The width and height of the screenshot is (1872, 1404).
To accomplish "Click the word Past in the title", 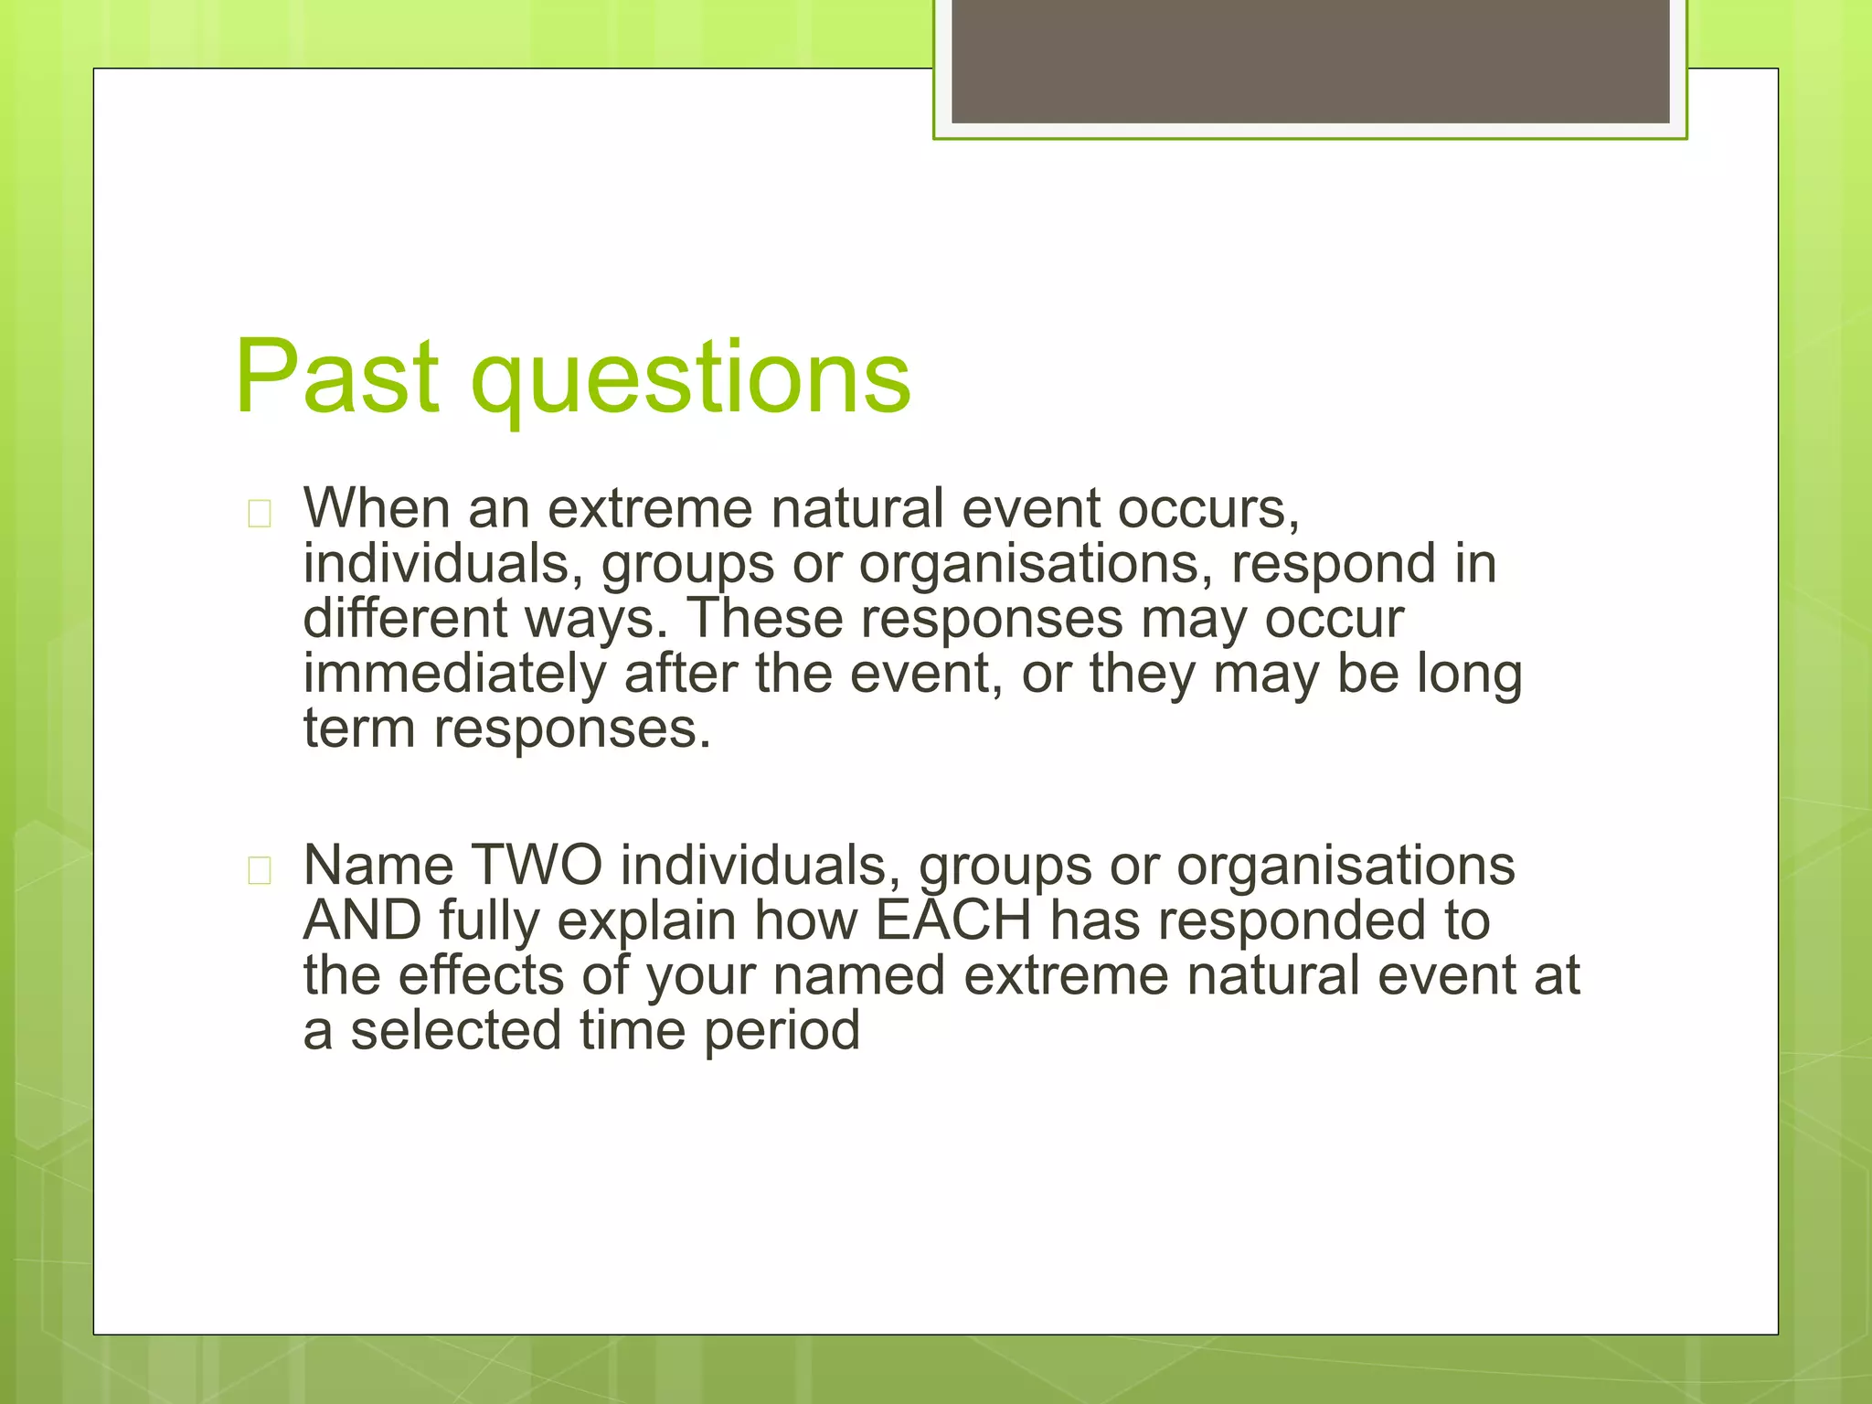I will coord(336,377).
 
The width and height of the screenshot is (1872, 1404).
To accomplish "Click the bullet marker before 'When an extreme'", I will coord(260,515).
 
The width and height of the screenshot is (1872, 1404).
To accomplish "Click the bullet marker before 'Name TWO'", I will coord(260,871).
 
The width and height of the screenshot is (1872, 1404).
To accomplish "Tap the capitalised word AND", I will coord(362,920).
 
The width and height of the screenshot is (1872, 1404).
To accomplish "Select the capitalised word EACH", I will coord(953,920).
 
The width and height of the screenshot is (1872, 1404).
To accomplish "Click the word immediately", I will coord(454,675).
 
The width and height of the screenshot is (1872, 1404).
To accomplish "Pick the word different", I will coord(405,619).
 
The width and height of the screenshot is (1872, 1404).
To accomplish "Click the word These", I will coord(764,619).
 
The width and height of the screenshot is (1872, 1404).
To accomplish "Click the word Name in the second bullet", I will coord(378,865).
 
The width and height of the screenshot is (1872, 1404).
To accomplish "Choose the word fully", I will coord(489,922).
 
